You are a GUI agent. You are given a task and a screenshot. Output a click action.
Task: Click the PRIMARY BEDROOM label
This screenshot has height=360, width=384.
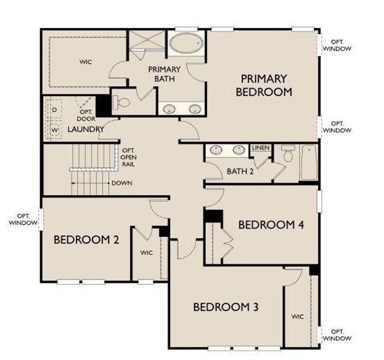(264, 85)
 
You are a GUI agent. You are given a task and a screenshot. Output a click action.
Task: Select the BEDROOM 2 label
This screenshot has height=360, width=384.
(86, 240)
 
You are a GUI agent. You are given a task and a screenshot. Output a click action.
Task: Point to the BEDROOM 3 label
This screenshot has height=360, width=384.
(226, 307)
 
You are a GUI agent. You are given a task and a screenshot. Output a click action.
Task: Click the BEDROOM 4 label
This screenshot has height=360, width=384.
(271, 225)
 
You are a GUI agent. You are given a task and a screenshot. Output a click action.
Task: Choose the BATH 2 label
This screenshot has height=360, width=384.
(240, 172)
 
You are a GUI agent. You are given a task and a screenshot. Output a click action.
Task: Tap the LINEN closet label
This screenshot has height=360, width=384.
(260, 148)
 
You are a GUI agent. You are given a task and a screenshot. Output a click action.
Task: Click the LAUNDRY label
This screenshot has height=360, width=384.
(86, 129)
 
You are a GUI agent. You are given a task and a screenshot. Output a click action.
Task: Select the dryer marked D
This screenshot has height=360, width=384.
(54, 110)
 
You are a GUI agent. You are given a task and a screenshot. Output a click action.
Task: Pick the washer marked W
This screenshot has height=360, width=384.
(54, 130)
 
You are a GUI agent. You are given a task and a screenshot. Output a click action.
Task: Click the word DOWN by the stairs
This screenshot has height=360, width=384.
(122, 183)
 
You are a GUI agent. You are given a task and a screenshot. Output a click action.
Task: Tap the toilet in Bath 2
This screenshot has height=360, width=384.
(287, 155)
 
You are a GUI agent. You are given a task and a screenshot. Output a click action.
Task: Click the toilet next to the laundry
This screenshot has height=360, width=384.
(123, 103)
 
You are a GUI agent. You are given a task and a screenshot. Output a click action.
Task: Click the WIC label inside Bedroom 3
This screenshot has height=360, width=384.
(298, 316)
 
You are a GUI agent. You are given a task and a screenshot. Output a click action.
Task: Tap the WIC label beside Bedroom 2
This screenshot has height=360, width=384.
(147, 253)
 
